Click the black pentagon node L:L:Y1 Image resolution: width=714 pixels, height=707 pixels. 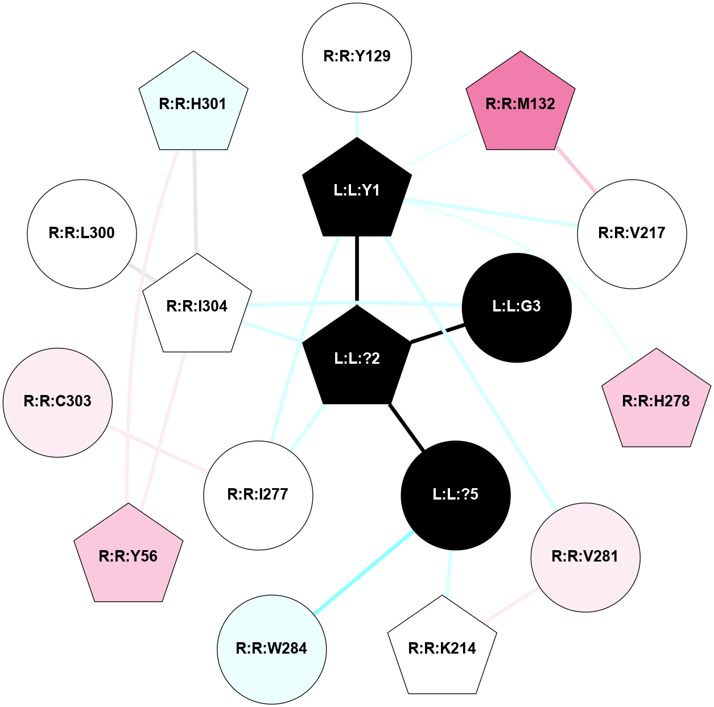pos(357,190)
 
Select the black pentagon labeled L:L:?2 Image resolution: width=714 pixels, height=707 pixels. pos(357,358)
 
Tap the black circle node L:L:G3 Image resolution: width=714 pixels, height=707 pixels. pos(517,307)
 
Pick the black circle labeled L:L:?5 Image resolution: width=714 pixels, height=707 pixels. pos(456,494)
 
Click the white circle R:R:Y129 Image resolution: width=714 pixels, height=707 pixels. pos(357,57)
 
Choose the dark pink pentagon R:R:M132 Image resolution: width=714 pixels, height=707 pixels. pos(520,104)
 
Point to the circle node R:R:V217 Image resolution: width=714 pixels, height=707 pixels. pos(632,234)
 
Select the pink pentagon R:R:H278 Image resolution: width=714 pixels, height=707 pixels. pos(656,401)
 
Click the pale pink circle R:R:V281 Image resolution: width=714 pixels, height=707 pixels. pos(585,557)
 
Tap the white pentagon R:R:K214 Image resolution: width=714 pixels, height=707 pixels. pos(442,648)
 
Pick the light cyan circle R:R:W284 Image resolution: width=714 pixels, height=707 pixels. pos(271,648)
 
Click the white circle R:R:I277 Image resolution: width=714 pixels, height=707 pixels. pos(258,495)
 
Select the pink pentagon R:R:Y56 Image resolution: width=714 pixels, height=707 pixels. pos(129,556)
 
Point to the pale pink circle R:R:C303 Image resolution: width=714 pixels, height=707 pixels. pos(57,402)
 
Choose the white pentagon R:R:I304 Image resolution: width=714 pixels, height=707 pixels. pos(197,306)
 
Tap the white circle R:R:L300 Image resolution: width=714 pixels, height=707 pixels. pos(82,234)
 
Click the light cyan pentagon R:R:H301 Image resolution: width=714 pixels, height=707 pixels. pos(193,104)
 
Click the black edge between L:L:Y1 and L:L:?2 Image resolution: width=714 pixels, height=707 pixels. pos(357,270)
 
